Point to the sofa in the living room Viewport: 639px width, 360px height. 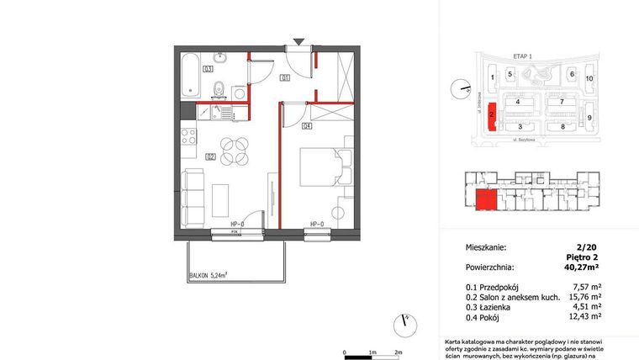(x=193, y=198)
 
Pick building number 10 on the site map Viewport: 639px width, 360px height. (x=589, y=78)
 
